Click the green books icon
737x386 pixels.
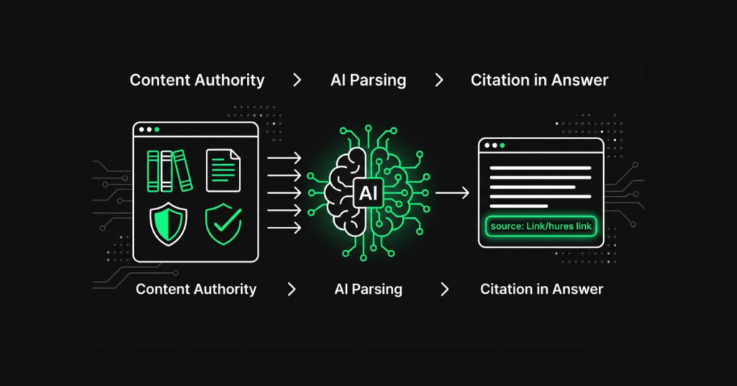pos(170,171)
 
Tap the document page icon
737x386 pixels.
pos(223,171)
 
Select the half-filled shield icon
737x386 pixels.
pos(168,225)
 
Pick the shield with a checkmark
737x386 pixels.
pos(223,225)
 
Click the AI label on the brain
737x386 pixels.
pos(367,192)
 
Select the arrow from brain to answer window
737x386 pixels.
pos(452,192)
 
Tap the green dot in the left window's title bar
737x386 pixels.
pos(157,130)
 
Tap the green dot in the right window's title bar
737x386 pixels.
pos(502,145)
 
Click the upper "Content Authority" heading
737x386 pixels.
pos(196,80)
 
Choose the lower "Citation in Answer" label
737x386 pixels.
pos(541,289)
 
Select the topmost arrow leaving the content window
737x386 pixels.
pos(284,158)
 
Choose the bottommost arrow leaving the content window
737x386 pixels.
pos(284,228)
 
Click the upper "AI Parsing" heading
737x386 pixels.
pos(368,80)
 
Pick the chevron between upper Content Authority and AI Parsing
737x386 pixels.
pos(297,80)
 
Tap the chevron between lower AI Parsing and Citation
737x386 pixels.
pos(445,289)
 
